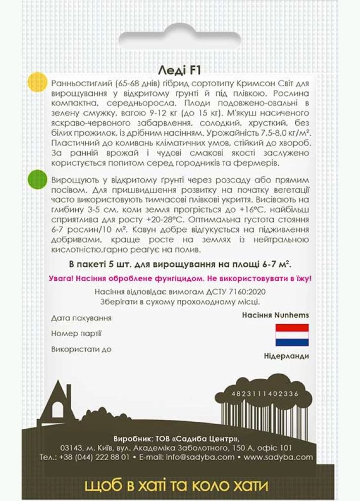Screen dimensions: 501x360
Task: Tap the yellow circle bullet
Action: click(36, 81)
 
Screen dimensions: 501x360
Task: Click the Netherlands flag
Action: click(292, 335)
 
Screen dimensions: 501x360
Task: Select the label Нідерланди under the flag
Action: click(286, 356)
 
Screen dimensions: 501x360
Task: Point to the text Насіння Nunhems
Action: click(275, 315)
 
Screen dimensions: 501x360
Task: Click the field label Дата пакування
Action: click(81, 318)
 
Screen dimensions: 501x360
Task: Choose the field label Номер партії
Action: click(76, 333)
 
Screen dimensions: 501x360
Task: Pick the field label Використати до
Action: click(81, 349)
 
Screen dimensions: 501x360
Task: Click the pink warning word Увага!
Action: click(63, 278)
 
